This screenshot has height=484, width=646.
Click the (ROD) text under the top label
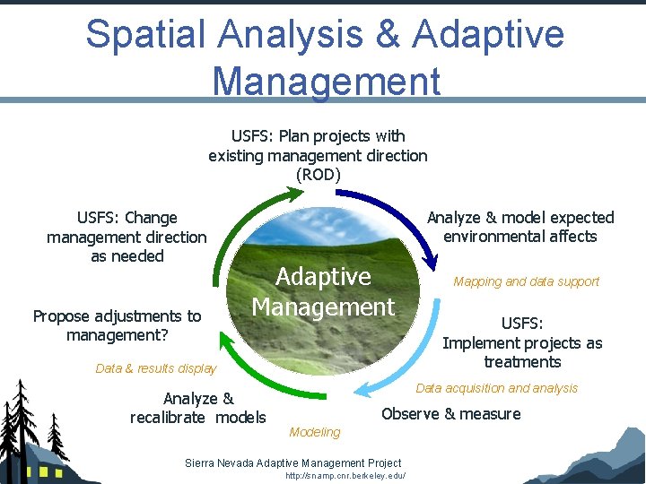[x=318, y=175]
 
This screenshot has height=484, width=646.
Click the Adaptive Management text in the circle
[x=323, y=291]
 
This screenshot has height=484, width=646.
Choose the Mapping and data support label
[x=526, y=281]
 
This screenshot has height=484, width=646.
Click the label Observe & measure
[x=450, y=414]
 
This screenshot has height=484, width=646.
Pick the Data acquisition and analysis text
[x=496, y=388]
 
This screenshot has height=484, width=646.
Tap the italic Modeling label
[x=315, y=432]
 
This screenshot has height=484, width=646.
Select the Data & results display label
[x=155, y=368]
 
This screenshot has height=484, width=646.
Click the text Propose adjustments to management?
[x=117, y=325]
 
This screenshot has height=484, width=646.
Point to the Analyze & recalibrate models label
[x=197, y=408]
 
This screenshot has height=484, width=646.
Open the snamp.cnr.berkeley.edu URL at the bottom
[x=345, y=476]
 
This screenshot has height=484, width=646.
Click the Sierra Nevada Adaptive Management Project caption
[x=292, y=462]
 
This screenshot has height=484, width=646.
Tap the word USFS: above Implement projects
[x=522, y=324]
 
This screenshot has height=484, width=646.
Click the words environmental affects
[x=520, y=237]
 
